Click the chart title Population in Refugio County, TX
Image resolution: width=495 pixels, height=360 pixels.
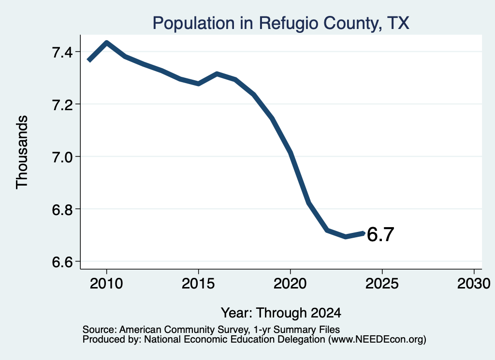[x=281, y=23]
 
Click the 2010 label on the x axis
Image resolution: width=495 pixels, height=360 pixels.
[x=106, y=283]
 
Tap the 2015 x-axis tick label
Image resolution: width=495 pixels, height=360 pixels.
[x=198, y=283]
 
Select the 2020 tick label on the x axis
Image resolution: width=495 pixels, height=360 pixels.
[x=290, y=283]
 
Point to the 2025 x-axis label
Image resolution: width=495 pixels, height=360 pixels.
[x=382, y=283]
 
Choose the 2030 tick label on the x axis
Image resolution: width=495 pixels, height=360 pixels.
[x=474, y=283]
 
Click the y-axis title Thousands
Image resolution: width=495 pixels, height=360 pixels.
[x=22, y=152]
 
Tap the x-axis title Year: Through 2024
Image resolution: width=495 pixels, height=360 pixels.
[x=281, y=313]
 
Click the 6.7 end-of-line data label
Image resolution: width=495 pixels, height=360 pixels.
[x=380, y=234]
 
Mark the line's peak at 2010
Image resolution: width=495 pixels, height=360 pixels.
[x=107, y=43]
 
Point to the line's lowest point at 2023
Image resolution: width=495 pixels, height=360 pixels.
[x=346, y=236]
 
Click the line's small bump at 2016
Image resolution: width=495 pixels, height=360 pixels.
[x=217, y=74]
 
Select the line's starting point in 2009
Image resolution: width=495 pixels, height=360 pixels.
[x=89, y=60]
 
